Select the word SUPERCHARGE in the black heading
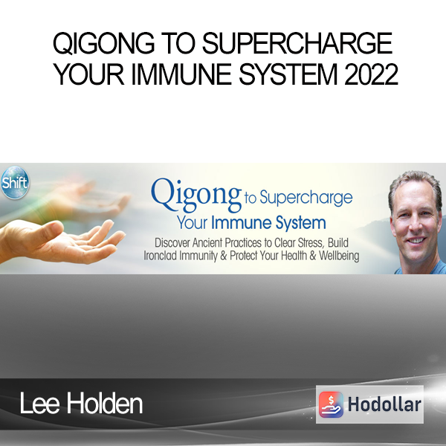click(x=297, y=44)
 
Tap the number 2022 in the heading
click(x=371, y=74)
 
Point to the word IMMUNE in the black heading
click(x=181, y=74)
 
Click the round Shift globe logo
click(x=15, y=182)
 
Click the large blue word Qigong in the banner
click(x=196, y=195)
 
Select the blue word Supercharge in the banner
click(x=306, y=198)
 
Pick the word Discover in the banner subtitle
click(x=172, y=243)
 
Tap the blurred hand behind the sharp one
click(x=94, y=199)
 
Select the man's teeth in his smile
click(x=416, y=241)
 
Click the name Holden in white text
click(x=104, y=404)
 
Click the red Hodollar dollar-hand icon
click(x=331, y=404)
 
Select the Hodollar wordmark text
click(x=384, y=404)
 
